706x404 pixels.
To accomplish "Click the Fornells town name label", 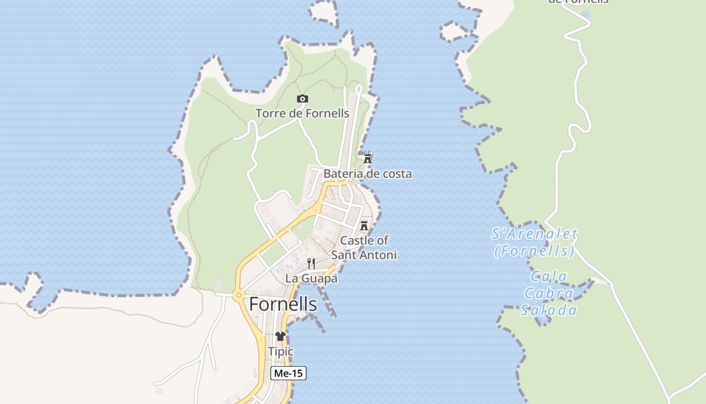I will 283,305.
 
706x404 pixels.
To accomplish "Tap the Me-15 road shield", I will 288,373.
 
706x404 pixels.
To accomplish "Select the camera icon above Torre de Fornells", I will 302,99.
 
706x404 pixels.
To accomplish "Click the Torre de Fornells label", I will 302,114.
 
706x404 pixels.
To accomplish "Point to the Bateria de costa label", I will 367,174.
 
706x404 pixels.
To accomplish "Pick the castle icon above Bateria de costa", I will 368,158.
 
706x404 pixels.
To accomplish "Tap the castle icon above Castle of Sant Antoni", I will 364,225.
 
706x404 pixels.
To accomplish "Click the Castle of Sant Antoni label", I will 364,247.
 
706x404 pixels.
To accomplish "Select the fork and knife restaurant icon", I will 311,263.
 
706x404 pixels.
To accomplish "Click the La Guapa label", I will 311,278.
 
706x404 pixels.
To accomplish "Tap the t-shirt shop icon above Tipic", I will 280,336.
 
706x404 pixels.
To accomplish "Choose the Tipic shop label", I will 280,351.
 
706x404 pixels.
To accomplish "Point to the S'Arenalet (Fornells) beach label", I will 534,242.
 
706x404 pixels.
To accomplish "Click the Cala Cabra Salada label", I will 549,293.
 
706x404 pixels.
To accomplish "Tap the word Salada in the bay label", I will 549,310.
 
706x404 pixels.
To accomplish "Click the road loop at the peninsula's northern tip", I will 359,89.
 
